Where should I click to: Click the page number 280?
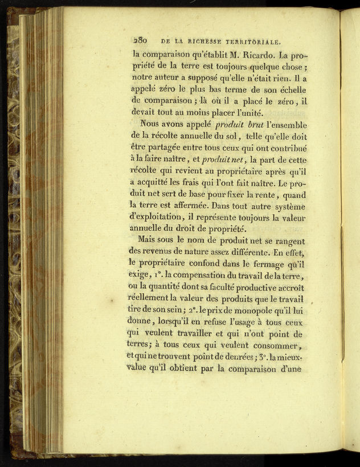(x=140, y=41)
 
